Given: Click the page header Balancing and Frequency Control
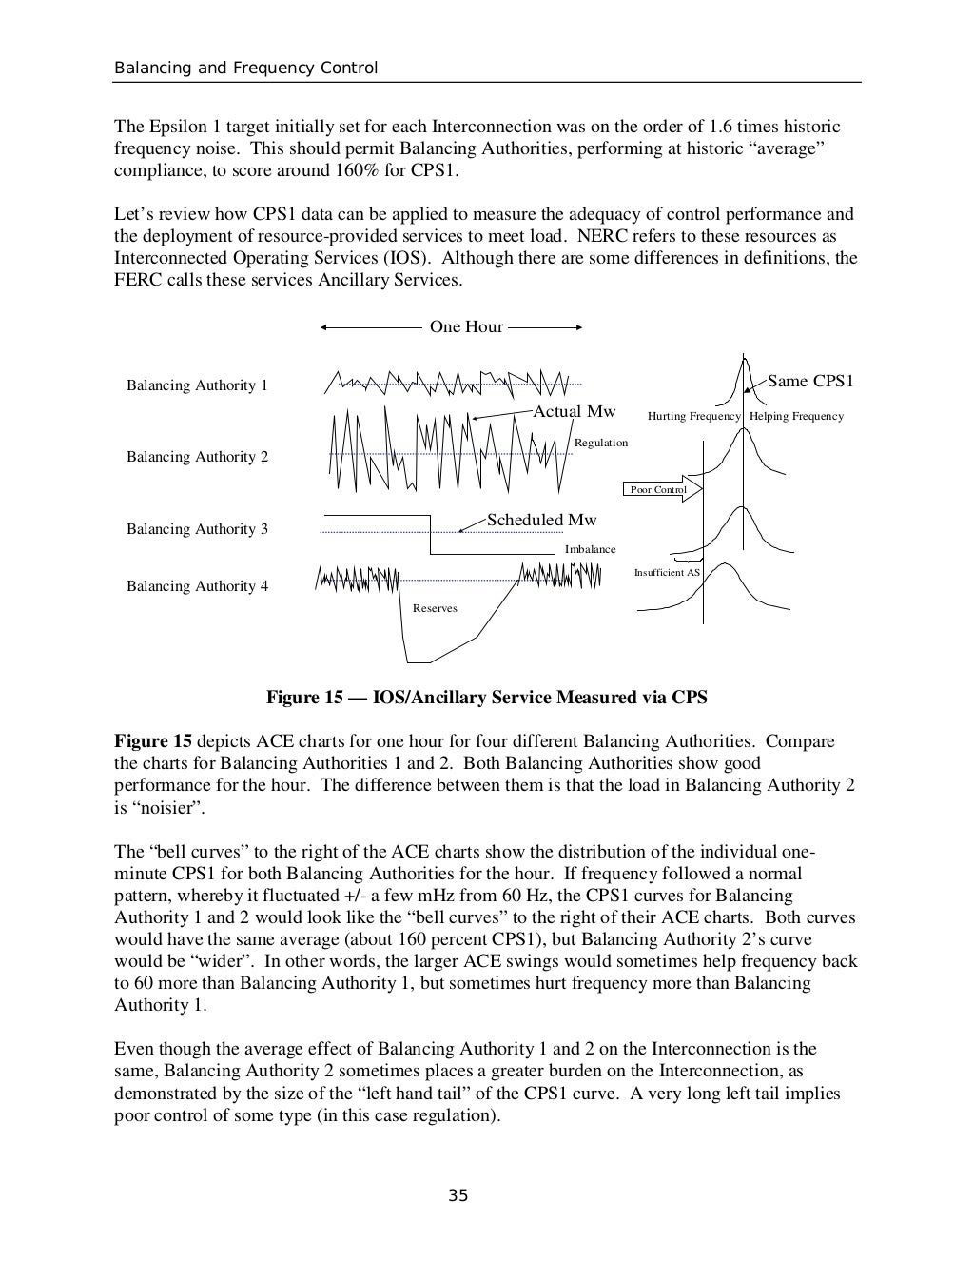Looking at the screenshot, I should [x=245, y=69].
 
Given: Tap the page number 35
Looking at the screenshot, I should [x=458, y=1195].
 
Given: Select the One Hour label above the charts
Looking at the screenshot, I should [x=466, y=326].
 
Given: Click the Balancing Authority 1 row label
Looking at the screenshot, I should [x=197, y=385].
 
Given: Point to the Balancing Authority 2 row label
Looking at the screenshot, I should [x=197, y=457].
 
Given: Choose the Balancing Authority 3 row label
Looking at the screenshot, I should [x=197, y=529].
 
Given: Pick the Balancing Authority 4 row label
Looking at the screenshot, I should [x=197, y=586].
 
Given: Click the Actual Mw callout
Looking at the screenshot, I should [x=574, y=411].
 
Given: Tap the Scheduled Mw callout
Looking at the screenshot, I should [x=541, y=520].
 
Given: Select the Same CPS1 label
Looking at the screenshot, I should [x=810, y=382].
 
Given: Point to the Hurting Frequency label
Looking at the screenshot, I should [x=693, y=416].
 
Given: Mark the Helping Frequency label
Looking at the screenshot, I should [x=796, y=416].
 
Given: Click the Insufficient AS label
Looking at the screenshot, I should [x=667, y=572].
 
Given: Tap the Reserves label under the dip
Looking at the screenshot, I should [x=435, y=608].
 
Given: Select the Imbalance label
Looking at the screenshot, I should [x=590, y=549].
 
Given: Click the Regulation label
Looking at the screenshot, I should [x=601, y=443].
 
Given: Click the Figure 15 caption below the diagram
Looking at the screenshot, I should [x=486, y=698].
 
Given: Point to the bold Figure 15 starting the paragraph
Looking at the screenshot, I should [x=153, y=741].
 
